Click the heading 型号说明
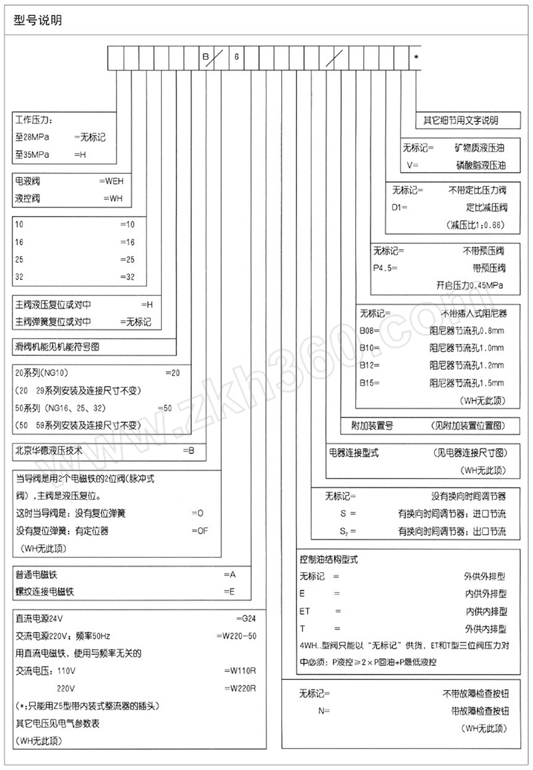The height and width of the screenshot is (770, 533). pyautogui.click(x=38, y=21)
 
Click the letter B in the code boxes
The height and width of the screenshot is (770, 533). pyautogui.click(x=206, y=57)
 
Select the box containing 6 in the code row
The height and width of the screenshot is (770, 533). pyautogui.click(x=236, y=57)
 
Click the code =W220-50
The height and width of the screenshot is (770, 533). pyautogui.click(x=237, y=635)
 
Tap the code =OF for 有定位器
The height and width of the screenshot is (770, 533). pyautogui.click(x=200, y=531)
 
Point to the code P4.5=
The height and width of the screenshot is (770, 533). pyautogui.click(x=386, y=268)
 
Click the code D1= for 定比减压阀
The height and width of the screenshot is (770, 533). pyautogui.click(x=400, y=207)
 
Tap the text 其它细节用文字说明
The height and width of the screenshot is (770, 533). pyautogui.click(x=461, y=121)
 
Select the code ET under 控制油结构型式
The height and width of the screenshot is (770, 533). pyautogui.click(x=306, y=611)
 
